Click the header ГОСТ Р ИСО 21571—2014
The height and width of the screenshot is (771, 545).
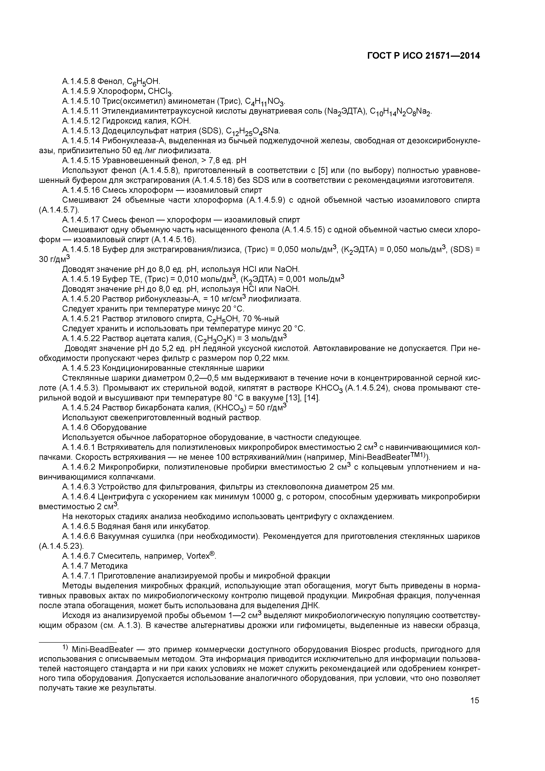tap(423, 56)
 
